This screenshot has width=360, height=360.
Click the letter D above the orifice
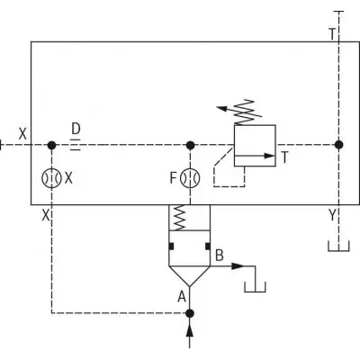click(76, 129)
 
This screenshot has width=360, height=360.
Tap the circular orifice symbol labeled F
click(190, 178)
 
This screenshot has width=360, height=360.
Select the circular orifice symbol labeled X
click(51, 178)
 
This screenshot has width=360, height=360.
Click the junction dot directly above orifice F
click(190, 145)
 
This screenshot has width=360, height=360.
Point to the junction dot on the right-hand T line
click(338, 145)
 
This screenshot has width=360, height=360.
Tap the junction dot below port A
click(190, 313)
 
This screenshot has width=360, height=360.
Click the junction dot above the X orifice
click(51, 146)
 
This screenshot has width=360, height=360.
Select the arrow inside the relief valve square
click(254, 156)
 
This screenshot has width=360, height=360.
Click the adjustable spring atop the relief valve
click(245, 112)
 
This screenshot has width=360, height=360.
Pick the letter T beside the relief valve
click(284, 157)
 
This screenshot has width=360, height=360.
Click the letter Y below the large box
click(332, 215)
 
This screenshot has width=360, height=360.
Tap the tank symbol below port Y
click(338, 246)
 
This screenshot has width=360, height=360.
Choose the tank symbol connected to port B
click(255, 287)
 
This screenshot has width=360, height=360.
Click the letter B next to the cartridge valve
click(220, 256)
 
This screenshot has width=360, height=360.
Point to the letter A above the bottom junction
click(182, 297)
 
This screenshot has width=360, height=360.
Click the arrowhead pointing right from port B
click(238, 266)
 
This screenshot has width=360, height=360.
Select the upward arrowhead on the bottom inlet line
click(190, 332)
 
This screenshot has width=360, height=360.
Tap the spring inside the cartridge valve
click(179, 218)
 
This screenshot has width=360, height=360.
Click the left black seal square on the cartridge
click(171, 246)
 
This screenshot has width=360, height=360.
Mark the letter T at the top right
click(332, 34)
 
